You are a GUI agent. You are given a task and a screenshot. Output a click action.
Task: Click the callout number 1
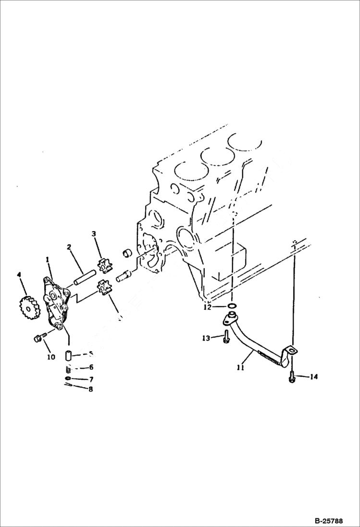48,260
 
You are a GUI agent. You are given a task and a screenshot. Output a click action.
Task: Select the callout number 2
69,247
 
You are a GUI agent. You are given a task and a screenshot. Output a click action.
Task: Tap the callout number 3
94,234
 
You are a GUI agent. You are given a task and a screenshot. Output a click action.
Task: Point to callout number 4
19,275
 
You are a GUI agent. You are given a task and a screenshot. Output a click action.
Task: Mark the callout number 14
313,377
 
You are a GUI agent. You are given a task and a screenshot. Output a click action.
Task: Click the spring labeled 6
68,369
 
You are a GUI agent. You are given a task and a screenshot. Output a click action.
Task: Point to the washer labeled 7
69,379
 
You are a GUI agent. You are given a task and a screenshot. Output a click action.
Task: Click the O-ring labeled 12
232,306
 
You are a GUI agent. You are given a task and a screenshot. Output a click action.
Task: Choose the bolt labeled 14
292,378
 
